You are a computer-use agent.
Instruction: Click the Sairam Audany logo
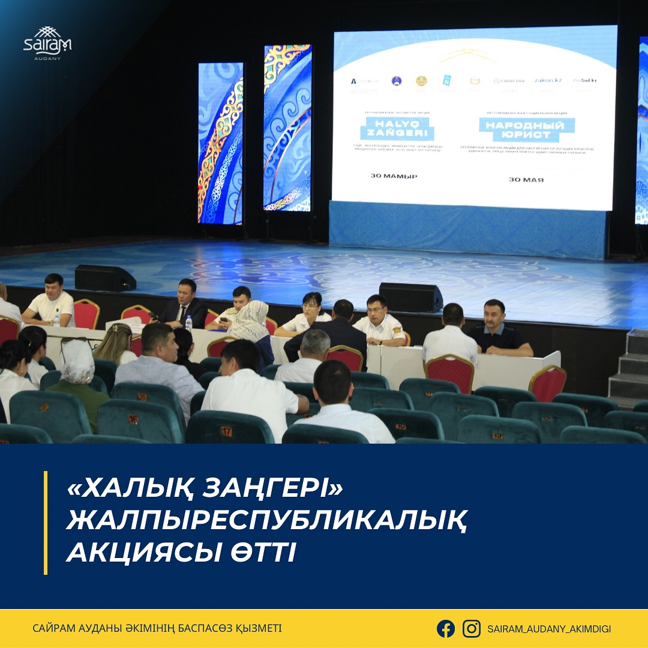tap(47, 43)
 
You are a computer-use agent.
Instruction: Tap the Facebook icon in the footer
tap(446, 628)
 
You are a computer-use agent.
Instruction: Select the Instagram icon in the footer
tap(472, 628)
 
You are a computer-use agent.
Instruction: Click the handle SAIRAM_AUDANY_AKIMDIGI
tap(549, 629)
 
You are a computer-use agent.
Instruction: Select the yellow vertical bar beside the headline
tap(46, 522)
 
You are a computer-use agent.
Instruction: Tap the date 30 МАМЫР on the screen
tap(394, 176)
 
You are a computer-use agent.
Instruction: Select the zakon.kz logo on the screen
tap(548, 80)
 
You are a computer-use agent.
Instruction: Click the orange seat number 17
tap(226, 431)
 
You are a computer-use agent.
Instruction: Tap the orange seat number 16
tap(133, 419)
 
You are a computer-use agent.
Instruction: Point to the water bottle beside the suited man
tap(188, 323)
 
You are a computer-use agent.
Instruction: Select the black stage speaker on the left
tap(104, 278)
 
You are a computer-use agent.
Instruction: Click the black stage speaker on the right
tap(410, 297)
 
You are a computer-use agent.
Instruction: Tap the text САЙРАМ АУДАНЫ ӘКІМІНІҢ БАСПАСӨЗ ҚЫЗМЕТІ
tap(157, 628)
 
